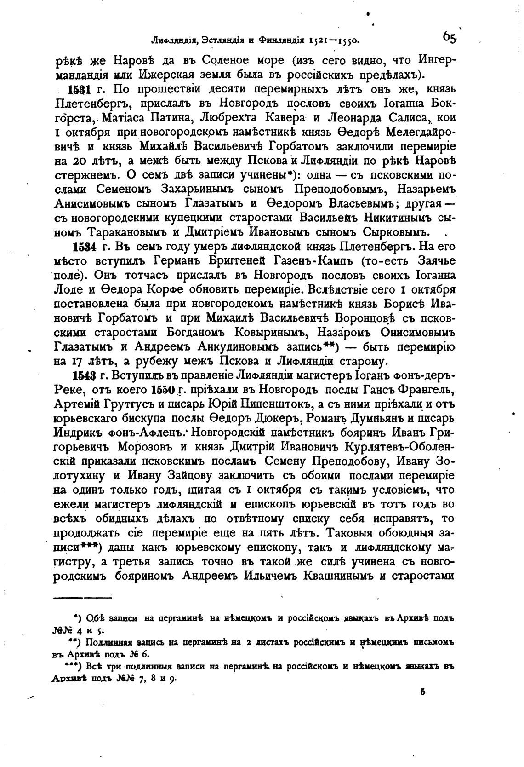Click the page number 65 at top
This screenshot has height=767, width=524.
[x=449, y=37]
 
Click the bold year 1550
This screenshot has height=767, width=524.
[x=164, y=390]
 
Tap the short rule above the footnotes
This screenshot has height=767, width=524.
[x=83, y=598]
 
